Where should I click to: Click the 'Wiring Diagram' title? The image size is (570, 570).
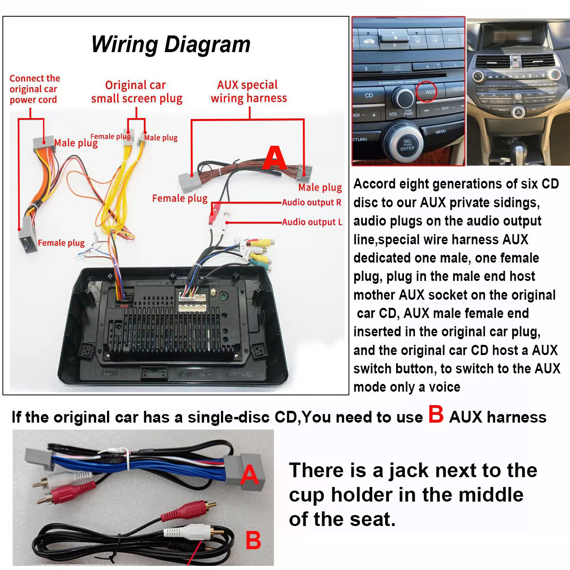tap(171, 44)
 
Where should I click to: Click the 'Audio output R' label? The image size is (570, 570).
tap(311, 202)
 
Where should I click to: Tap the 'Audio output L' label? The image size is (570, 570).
tap(312, 222)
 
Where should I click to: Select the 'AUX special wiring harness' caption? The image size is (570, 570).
tap(248, 91)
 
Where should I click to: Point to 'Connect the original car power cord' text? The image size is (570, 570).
tap(35, 89)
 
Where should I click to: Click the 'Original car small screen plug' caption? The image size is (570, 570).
tap(136, 92)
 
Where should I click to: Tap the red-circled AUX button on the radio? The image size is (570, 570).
tap(426, 92)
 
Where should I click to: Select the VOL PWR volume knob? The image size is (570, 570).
tap(403, 98)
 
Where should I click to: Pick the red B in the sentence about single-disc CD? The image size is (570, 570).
tap(436, 415)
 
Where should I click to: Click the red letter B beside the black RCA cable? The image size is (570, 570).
tap(253, 541)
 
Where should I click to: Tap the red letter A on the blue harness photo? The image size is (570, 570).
tap(250, 475)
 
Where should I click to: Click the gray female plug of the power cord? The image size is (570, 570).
tap(28, 240)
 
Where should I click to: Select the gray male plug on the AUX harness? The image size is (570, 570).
tap(304, 173)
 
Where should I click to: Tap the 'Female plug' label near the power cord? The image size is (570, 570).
tap(61, 243)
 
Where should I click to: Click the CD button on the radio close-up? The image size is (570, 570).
tap(369, 95)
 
